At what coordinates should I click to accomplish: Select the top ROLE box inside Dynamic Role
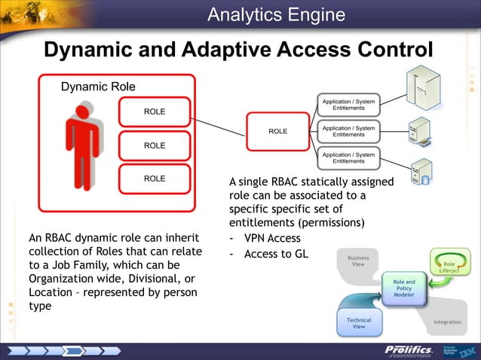tap(155, 112)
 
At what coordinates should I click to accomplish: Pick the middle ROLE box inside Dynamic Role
tap(155, 145)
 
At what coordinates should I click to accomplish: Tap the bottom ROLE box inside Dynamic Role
tap(155, 178)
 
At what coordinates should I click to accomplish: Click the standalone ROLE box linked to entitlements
tap(278, 131)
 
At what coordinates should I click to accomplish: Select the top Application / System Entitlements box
tap(348, 105)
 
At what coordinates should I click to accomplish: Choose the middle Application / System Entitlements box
tap(348, 131)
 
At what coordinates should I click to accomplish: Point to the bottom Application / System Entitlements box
tap(348, 157)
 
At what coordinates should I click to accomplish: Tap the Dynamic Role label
tap(98, 87)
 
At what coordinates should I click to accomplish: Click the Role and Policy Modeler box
tap(403, 288)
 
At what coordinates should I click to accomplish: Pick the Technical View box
tap(359, 323)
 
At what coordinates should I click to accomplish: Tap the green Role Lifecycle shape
tap(449, 267)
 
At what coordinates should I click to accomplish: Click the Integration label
tap(447, 322)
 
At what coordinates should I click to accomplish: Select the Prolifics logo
tap(408, 350)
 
